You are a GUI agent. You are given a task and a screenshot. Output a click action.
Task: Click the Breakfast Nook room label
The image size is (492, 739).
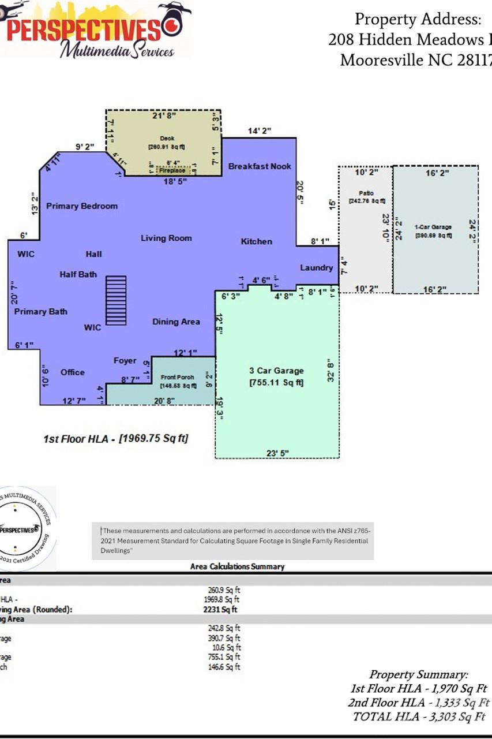[x=260, y=166]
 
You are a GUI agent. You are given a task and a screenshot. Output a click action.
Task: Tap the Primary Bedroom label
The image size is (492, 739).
[x=82, y=206]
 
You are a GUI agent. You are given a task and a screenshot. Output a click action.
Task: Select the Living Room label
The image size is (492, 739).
[x=166, y=238]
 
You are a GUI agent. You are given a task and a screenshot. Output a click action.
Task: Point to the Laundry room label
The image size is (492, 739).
[x=316, y=268]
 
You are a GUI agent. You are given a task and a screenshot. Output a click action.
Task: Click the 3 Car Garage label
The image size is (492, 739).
[x=276, y=371]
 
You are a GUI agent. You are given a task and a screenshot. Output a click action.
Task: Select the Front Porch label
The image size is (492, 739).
[x=178, y=377]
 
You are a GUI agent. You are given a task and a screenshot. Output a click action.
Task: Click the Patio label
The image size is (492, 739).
[x=366, y=193]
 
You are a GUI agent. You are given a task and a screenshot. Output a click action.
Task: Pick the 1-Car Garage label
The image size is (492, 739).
[x=433, y=227]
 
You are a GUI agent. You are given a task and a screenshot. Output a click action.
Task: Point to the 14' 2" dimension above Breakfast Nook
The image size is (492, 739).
[x=260, y=131]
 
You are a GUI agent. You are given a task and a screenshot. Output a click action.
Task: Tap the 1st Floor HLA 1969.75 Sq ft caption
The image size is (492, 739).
[x=116, y=439]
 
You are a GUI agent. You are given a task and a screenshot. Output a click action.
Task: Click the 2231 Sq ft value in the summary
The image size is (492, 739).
[x=220, y=609]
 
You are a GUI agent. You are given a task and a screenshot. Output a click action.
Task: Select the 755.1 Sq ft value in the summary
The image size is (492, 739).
[x=224, y=657]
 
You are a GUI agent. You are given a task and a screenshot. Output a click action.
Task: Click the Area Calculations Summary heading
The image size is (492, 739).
[x=237, y=566]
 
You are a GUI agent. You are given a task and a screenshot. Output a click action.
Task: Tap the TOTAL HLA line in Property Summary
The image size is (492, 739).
[x=419, y=716]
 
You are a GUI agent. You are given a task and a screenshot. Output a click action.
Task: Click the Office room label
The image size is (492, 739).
[x=73, y=372]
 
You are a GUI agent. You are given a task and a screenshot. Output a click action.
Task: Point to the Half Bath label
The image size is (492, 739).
[x=78, y=274]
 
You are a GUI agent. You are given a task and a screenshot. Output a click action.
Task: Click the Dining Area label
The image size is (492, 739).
[x=176, y=322]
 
